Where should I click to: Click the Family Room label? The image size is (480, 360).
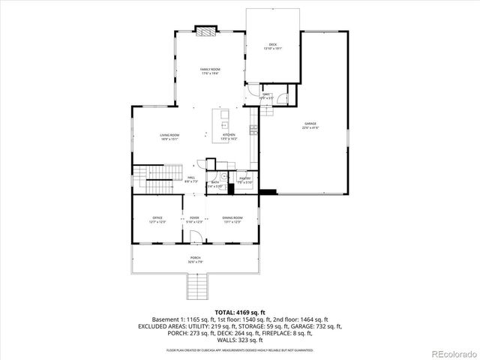click(x=209, y=71)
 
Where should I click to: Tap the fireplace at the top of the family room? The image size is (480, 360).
click(x=206, y=31)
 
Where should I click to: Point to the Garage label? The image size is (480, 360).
click(x=310, y=125)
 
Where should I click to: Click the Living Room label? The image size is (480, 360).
click(x=169, y=136)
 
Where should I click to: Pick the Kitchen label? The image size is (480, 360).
click(x=229, y=136)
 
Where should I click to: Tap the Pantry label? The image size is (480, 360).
click(x=245, y=180)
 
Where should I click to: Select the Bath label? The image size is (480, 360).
click(x=214, y=183)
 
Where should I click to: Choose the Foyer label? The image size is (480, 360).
click(x=194, y=219)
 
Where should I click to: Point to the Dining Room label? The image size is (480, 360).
click(x=232, y=219)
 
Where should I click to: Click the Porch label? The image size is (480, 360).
click(x=194, y=259)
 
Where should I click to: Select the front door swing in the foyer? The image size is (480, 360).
click(x=194, y=238)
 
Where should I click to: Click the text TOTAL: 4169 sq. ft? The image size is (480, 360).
click(x=239, y=311)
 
